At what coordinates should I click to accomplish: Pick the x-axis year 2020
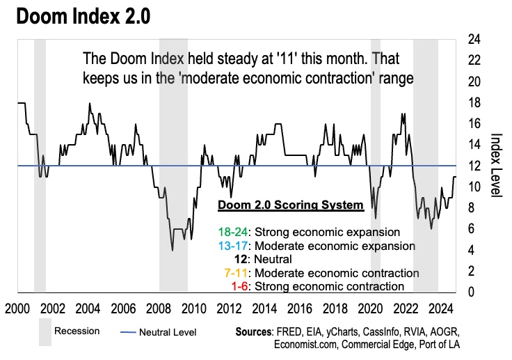369,308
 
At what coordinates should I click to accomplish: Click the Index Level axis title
495,166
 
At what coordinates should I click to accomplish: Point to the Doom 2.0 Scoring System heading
290,205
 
